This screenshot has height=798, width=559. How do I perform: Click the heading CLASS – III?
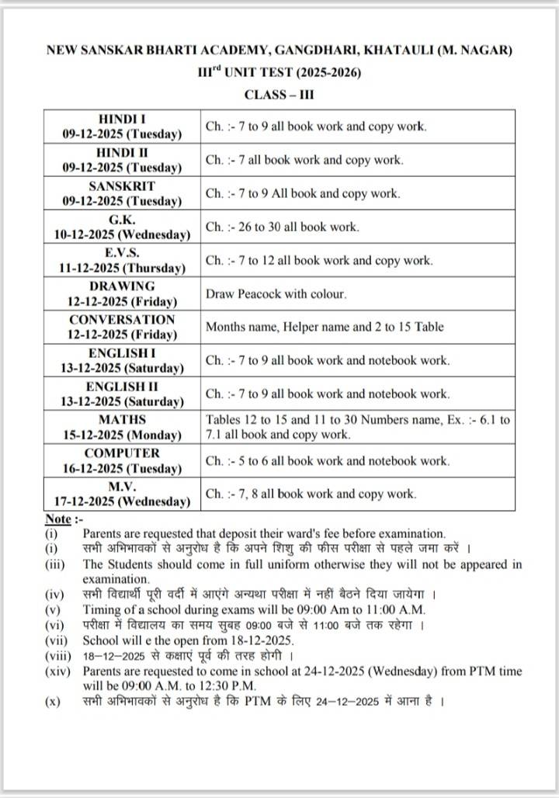279,95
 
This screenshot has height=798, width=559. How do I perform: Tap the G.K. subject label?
122,220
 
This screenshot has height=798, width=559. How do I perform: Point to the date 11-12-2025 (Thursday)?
122,268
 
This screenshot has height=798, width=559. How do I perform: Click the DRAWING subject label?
122,286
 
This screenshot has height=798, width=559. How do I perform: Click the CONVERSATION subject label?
122,319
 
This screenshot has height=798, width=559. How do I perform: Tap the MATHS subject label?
122,420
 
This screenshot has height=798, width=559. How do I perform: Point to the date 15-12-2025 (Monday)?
122,435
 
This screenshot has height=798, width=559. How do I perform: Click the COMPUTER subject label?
122,453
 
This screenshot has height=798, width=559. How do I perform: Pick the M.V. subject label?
122,486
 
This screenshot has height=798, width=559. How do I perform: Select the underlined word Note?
57,519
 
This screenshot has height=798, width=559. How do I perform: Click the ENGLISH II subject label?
122,386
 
